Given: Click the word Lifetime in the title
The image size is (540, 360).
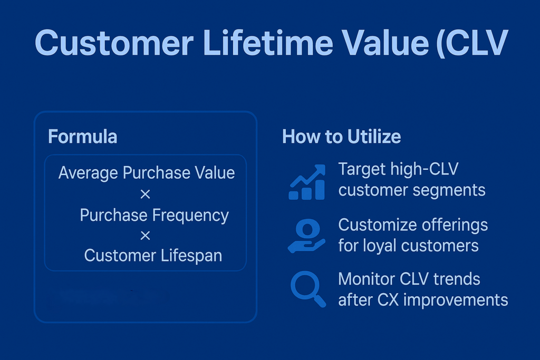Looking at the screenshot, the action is (268, 43).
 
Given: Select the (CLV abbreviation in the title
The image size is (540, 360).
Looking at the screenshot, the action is (472, 43).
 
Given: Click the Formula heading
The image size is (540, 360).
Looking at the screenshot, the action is (83, 137).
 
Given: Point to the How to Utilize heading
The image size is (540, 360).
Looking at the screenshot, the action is (342, 137).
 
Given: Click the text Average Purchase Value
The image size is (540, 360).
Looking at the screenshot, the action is (147, 173).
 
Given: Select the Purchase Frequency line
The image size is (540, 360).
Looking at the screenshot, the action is (155, 216).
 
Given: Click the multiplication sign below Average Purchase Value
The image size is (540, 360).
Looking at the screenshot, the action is (146, 194).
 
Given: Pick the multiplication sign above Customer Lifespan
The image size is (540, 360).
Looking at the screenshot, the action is (146, 236).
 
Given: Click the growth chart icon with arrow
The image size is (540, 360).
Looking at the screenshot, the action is (307, 182).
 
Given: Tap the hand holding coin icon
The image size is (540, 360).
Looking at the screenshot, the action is (306, 236).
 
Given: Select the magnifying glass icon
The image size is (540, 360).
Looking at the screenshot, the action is (308, 289).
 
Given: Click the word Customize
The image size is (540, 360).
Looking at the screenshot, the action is (378, 225).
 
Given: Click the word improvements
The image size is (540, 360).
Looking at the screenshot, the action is (456, 300).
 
